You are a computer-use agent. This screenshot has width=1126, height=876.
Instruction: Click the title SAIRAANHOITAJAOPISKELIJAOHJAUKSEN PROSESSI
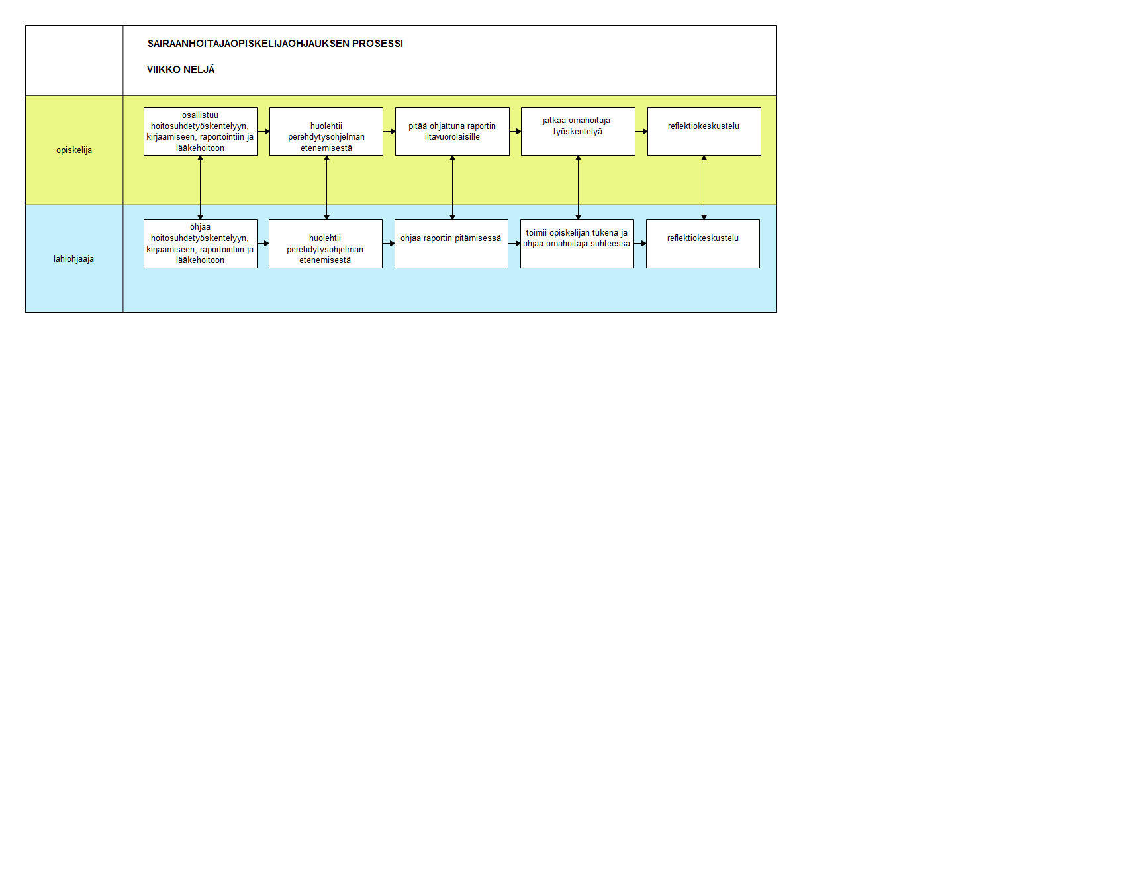click(275, 44)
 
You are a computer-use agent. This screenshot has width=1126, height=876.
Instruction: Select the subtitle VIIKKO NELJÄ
click(181, 70)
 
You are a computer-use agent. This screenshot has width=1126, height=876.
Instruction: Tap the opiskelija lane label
click(74, 150)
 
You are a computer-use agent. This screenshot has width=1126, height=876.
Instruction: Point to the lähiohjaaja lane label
click(73, 259)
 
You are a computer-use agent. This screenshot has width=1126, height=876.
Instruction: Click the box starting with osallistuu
click(201, 132)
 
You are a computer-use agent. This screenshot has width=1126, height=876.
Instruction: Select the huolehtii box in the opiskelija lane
click(326, 132)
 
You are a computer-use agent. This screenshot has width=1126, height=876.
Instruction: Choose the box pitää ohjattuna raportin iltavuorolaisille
click(452, 132)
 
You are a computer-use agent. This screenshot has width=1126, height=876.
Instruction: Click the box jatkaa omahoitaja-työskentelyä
click(578, 132)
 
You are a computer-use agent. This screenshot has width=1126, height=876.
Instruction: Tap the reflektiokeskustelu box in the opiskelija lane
click(704, 132)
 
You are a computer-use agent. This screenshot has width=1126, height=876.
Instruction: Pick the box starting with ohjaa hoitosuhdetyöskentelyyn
click(201, 244)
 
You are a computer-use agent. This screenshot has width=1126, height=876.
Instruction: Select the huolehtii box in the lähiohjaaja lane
click(326, 244)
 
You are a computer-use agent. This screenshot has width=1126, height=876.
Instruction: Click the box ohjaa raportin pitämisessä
click(451, 244)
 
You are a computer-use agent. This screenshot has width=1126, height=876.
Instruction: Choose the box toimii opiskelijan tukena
click(577, 244)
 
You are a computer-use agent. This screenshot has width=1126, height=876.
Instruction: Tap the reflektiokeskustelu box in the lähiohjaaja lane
click(703, 244)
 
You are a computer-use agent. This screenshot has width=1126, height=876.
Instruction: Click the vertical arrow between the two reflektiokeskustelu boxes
click(704, 187)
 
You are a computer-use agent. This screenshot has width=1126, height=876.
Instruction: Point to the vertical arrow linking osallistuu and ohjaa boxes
click(200, 187)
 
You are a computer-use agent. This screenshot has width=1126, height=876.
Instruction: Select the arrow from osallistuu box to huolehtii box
click(263, 132)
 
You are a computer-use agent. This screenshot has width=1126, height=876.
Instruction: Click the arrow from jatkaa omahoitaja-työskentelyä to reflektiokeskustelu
click(641, 132)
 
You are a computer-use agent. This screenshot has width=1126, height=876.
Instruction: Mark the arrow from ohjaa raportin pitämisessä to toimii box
click(514, 244)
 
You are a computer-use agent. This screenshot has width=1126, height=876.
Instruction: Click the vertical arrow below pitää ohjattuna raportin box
click(452, 187)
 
